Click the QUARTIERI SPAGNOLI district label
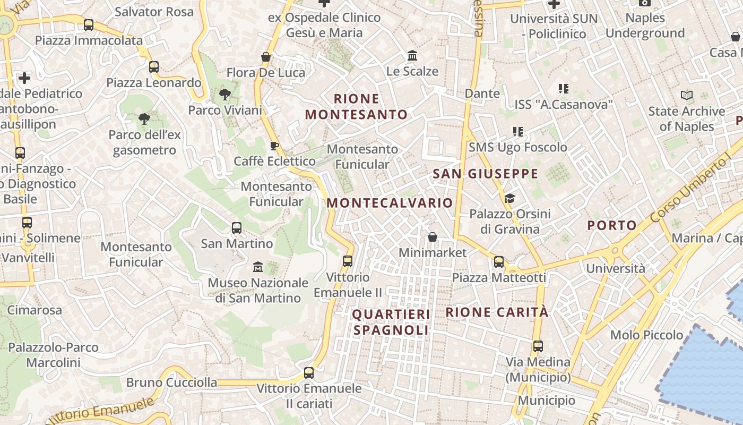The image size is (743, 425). click(x=391, y=322)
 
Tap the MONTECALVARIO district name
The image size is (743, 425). click(x=390, y=203)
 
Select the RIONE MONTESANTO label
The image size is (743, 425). click(x=356, y=106)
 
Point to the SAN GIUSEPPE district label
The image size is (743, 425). click(x=485, y=174)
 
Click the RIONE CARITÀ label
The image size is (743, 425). click(x=497, y=312)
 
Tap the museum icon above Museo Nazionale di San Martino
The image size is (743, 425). click(x=258, y=266)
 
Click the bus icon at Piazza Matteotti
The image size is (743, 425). click(x=499, y=261)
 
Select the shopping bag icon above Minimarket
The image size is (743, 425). click(x=433, y=236)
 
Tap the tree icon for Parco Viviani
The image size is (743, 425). click(x=225, y=95)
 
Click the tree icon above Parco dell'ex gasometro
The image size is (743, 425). click(x=144, y=118)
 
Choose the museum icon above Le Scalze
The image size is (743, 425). click(x=412, y=55)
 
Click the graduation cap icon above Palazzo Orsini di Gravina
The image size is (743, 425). click(x=509, y=198)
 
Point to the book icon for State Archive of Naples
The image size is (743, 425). click(x=687, y=96)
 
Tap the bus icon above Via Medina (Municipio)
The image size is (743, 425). click(x=538, y=346)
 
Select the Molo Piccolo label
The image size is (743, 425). click(x=646, y=335)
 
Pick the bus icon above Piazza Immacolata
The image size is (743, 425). click(x=89, y=24)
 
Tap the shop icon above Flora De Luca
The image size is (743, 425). click(x=266, y=56)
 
